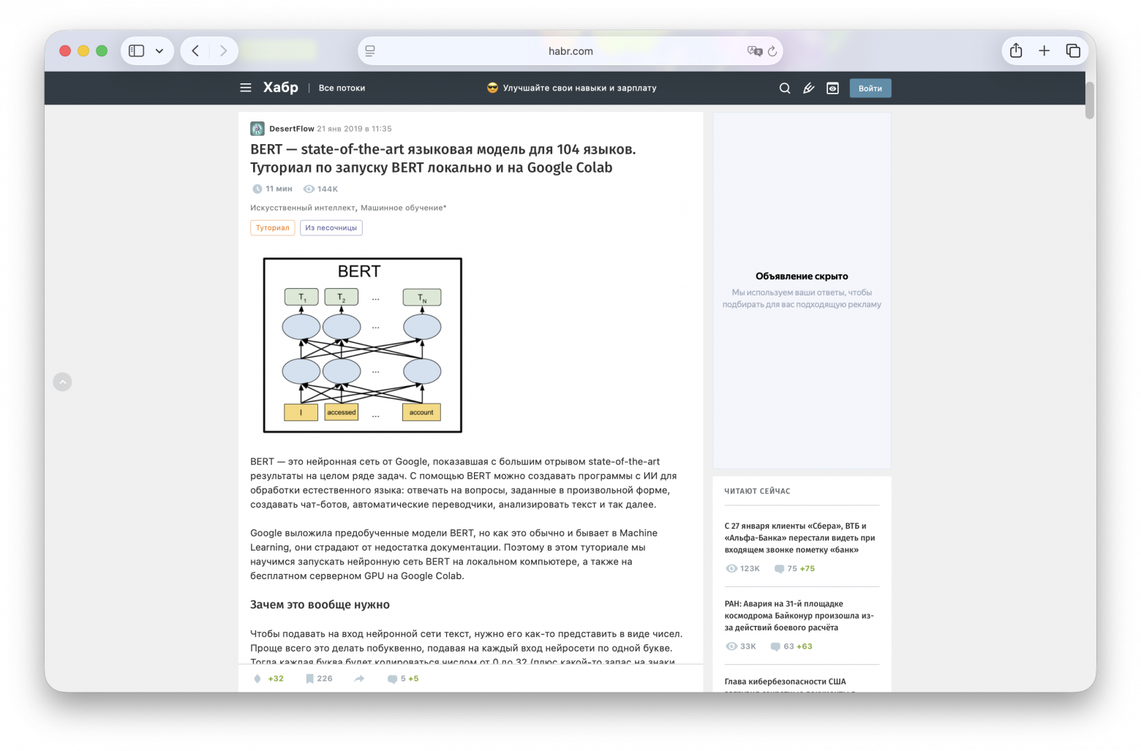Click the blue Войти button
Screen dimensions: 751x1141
tap(870, 88)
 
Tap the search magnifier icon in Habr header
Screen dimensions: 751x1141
tap(785, 88)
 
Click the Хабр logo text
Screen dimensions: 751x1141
tap(281, 88)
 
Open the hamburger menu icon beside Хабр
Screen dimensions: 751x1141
tap(246, 88)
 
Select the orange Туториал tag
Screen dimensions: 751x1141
tap(272, 228)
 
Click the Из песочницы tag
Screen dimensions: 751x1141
tap(331, 228)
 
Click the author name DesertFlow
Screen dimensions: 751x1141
tap(291, 129)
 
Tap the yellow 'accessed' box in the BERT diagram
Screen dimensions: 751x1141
tap(342, 412)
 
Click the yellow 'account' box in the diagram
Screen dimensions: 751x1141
tap(421, 412)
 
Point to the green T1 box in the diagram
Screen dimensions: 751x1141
tap(301, 298)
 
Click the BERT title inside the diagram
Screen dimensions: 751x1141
tap(359, 271)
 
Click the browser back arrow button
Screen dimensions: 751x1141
tap(195, 51)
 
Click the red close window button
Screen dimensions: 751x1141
tap(65, 51)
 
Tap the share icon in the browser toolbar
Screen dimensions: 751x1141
tap(1016, 51)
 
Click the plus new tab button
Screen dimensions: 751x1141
tap(1044, 51)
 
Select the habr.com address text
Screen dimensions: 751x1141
tap(570, 51)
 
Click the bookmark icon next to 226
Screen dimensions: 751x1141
tap(309, 679)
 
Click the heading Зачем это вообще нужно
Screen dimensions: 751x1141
tap(320, 605)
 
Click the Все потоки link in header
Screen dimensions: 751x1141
tap(342, 88)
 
